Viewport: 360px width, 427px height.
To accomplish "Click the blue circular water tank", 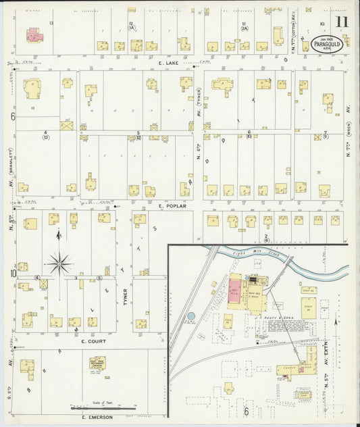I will click(190, 316).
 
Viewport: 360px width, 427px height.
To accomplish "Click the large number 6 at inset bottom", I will click(246, 411).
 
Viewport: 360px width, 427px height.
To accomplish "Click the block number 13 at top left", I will click(51, 22).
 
